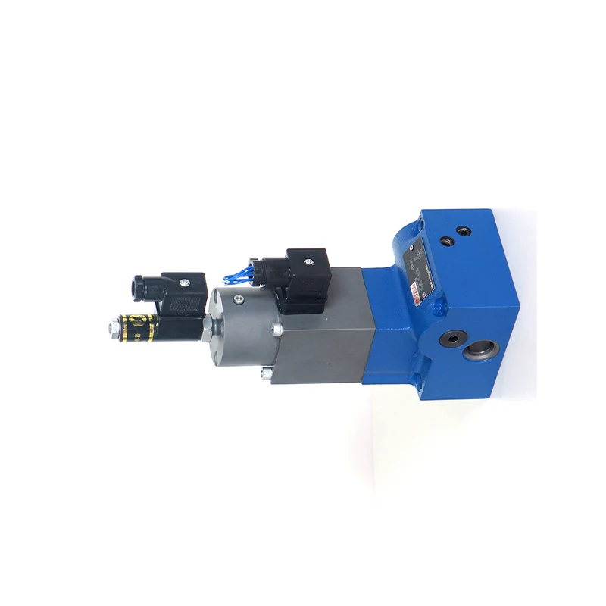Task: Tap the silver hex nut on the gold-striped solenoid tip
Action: click(x=114, y=328)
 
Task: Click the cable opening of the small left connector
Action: click(x=139, y=289)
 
